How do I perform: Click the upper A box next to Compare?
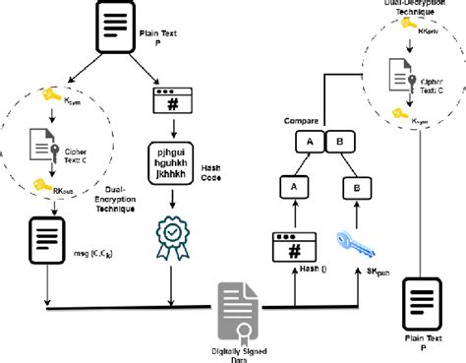(x=310, y=141)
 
